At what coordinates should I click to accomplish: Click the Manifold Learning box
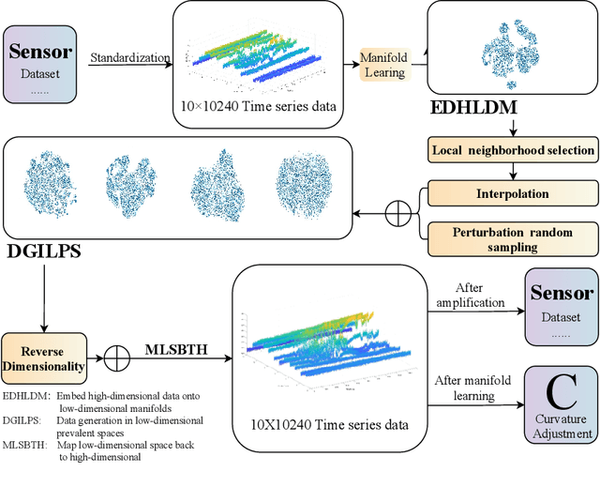coord(383,64)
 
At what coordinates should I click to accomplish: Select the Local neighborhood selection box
coord(512,149)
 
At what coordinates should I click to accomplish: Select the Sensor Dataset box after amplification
coord(561,304)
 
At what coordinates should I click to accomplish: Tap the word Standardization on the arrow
coord(129,57)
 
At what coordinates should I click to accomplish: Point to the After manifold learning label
coord(475,388)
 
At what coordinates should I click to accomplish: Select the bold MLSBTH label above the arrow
coord(176,351)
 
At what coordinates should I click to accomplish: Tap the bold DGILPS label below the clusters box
coord(41,251)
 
